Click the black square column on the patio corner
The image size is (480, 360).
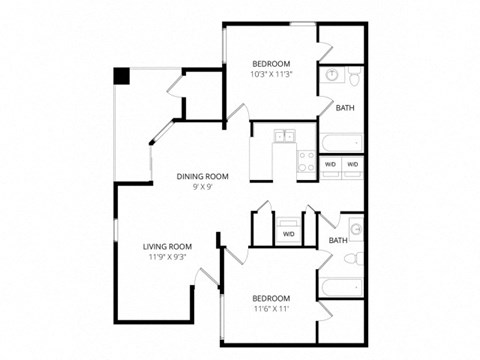121,75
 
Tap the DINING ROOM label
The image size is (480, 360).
203,176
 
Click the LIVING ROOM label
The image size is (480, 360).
167,246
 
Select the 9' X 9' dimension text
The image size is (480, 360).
203,187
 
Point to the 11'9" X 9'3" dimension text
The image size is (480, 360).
167,257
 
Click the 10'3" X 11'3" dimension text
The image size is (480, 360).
270,72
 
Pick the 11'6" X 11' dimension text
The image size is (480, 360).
271,309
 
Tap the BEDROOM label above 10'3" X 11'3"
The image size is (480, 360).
270,61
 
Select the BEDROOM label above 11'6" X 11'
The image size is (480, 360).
271,298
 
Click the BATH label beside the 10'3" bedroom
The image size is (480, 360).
344,108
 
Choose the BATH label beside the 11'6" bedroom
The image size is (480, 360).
338,240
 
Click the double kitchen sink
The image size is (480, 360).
284,135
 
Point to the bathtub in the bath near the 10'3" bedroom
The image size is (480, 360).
339,141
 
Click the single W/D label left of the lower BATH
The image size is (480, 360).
289,234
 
